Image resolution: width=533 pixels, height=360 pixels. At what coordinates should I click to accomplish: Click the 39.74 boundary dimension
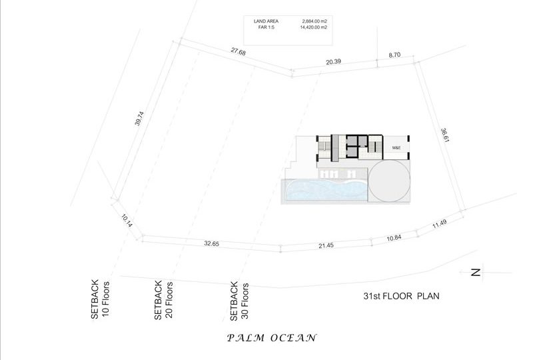coord(139,119)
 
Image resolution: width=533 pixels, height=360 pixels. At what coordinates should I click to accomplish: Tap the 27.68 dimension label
coord(239,51)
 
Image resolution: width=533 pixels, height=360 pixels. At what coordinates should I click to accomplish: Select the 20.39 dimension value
coord(334,61)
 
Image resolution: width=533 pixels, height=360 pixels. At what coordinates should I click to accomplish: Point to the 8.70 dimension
coord(394,55)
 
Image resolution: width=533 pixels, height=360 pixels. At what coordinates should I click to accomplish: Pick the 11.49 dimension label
coord(440,224)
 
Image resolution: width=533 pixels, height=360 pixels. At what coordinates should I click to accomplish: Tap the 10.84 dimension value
coord(394,238)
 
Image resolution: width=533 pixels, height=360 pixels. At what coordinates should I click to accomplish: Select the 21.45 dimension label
coord(326,245)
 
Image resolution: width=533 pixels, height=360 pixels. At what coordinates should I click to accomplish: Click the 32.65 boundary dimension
coord(211,243)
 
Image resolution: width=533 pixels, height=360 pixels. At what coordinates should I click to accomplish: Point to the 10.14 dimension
coord(127,221)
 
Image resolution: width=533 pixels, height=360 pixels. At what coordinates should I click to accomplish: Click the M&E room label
coord(396,148)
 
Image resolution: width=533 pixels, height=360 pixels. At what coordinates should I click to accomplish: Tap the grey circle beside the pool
coord(389,181)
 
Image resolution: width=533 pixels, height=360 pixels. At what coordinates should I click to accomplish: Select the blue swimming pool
coord(326,190)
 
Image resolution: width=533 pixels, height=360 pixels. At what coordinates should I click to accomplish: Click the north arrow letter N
coord(476,272)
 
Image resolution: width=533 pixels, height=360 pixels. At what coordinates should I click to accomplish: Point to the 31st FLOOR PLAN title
coord(401,296)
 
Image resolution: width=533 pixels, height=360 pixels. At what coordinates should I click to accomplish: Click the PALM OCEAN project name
coord(272,338)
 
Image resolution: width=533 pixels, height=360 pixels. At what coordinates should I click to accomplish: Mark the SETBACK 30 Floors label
coord(239,301)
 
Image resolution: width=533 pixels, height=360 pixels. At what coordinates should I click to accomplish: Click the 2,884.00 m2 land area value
coord(313,21)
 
